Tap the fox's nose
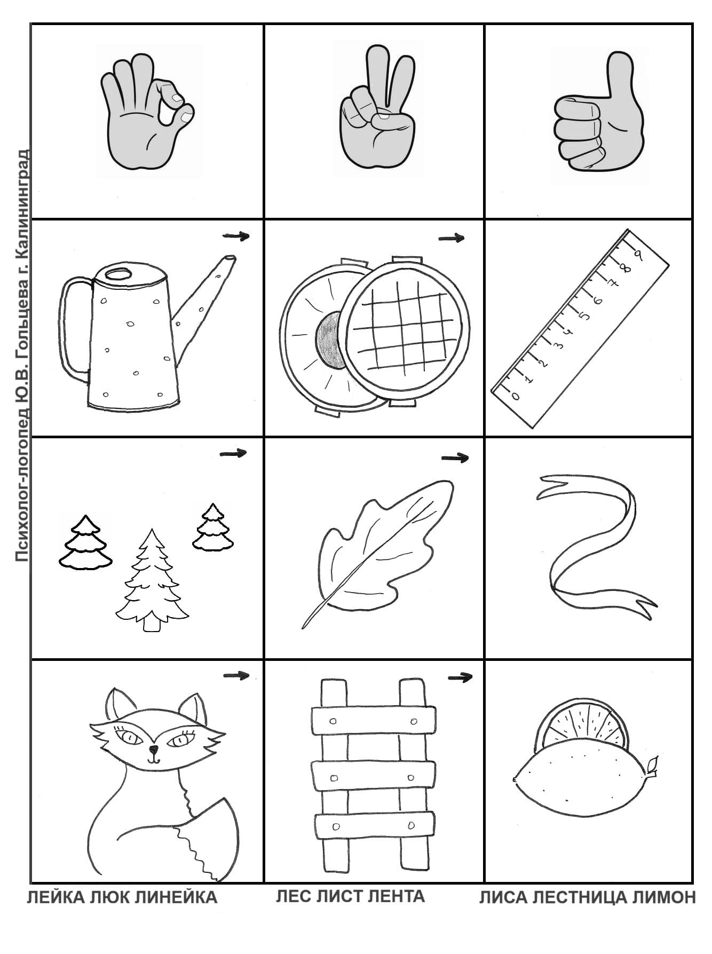click(x=154, y=749)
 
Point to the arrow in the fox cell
click(x=236, y=676)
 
